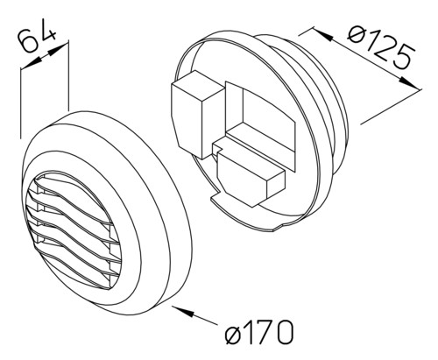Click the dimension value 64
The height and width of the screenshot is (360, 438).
[x=37, y=38]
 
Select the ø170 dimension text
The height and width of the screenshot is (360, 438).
[x=258, y=332]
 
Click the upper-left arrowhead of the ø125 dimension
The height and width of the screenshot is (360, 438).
[x=323, y=35]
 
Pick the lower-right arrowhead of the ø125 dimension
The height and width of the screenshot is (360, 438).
[x=410, y=83]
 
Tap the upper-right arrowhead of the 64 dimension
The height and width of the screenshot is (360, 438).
[x=58, y=49]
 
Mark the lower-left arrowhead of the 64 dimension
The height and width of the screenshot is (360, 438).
[x=31, y=64]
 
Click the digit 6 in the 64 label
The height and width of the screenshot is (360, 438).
[x=28, y=43]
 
